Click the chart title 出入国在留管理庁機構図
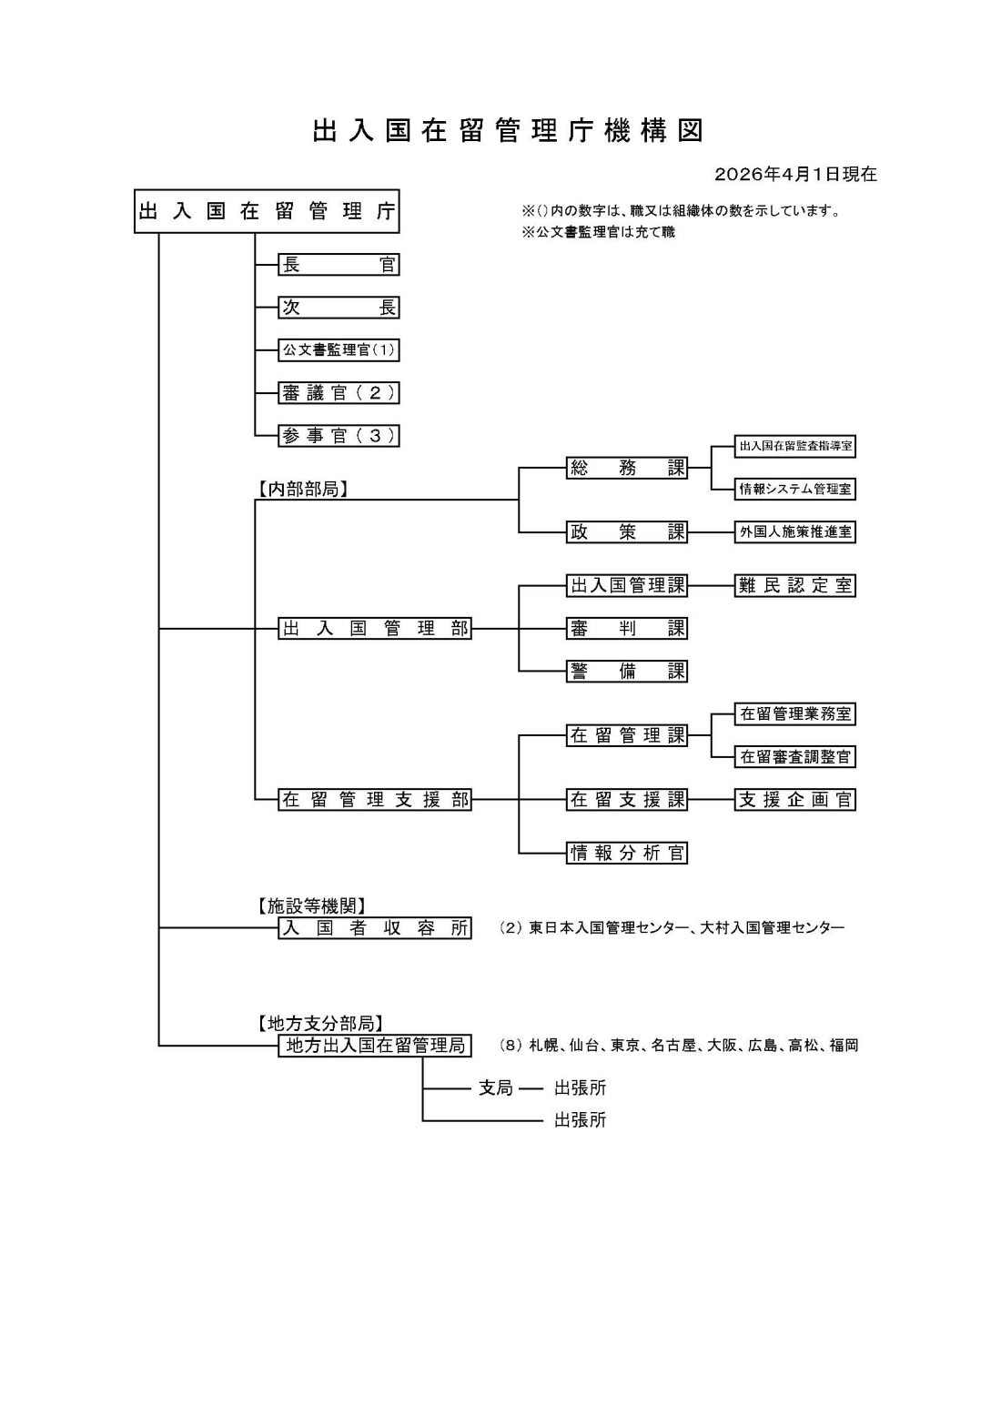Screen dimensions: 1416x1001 [508, 130]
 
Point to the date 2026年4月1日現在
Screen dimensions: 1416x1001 [794, 174]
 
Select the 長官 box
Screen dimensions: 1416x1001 [339, 265]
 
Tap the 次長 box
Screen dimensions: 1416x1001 [339, 308]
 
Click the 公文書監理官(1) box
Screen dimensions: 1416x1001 [339, 350]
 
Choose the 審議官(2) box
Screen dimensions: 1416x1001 [339, 393]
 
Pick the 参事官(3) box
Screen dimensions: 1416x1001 [339, 436]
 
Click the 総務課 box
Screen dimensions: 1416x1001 [626, 468]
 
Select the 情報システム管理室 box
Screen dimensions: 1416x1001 [794, 489]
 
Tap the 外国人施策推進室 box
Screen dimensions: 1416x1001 [794, 531]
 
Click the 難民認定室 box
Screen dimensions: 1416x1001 [794, 585]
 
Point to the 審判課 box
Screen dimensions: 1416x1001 [626, 628]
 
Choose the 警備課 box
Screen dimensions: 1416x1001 [626, 671]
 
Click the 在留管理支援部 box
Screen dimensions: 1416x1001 [375, 800]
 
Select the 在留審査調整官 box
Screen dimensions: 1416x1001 [794, 756]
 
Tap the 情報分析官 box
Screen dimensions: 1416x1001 [626, 853]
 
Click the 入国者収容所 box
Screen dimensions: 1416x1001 [375, 928]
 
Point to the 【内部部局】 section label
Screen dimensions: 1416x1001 [302, 490]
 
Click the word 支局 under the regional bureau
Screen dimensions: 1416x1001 [496, 1088]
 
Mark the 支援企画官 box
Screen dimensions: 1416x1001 [794, 800]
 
